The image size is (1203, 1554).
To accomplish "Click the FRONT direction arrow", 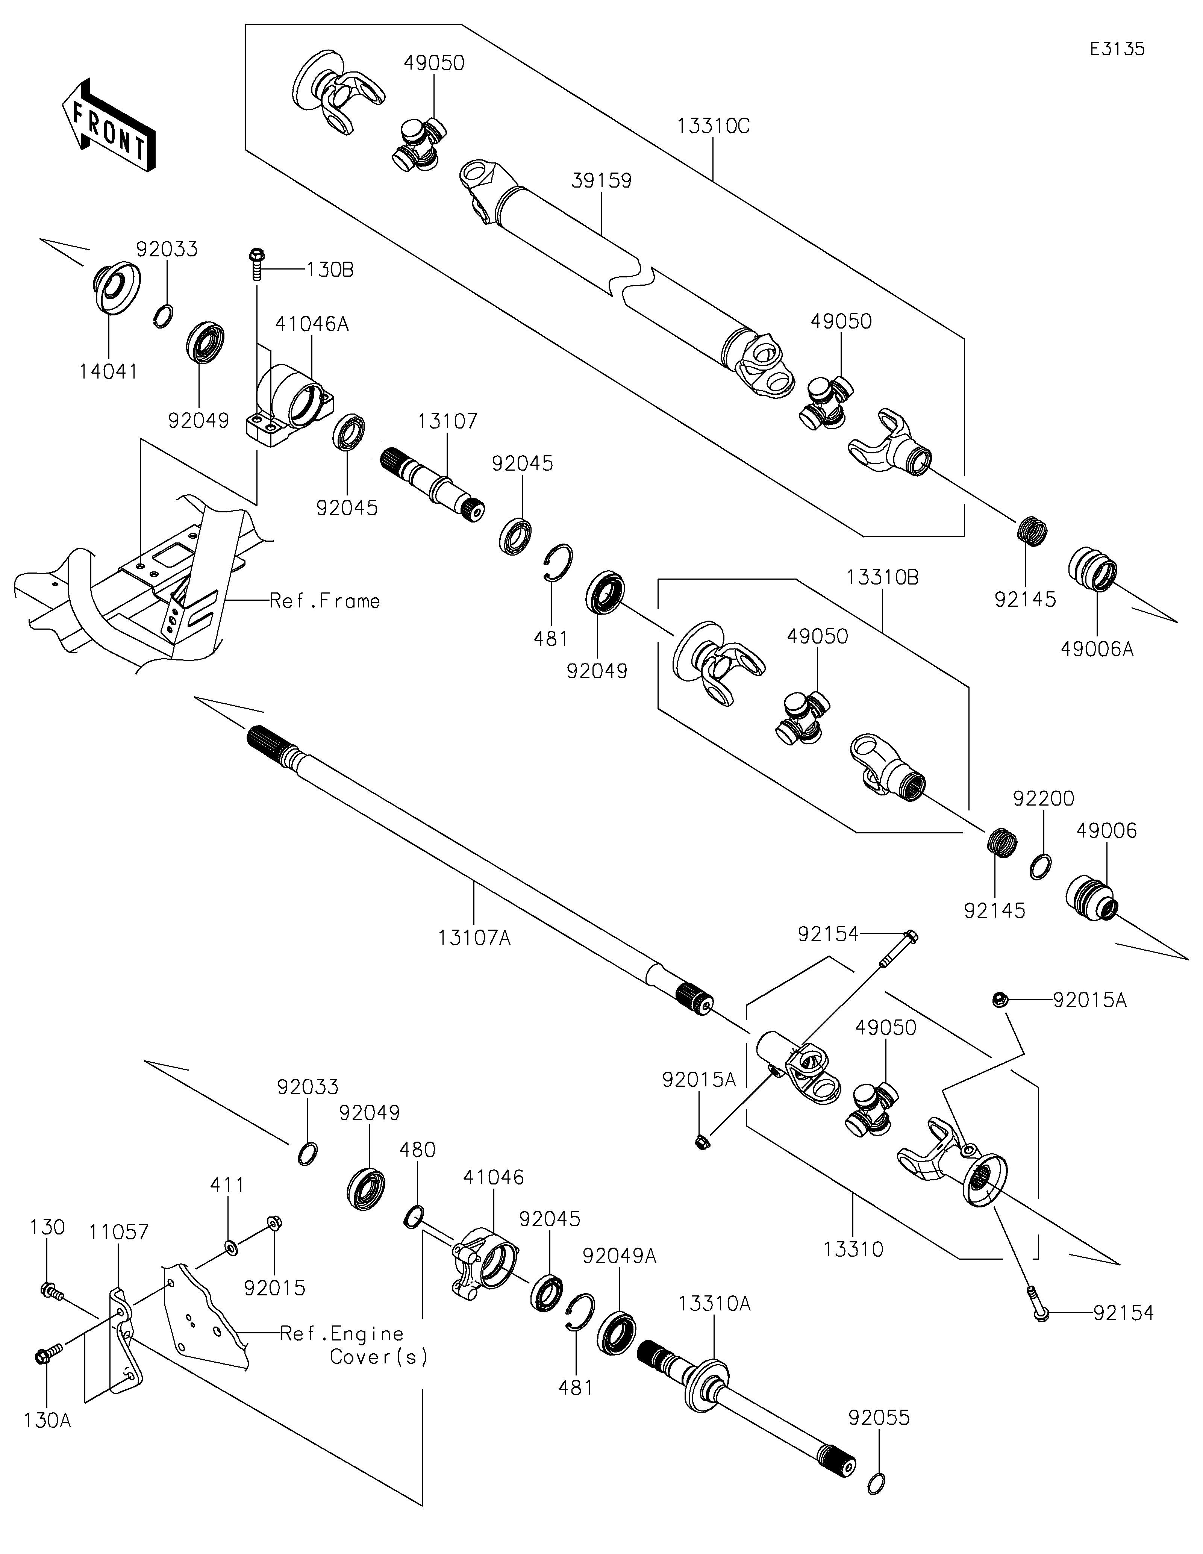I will tap(108, 126).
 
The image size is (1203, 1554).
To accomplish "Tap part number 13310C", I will tap(714, 126).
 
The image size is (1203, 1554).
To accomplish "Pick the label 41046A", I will tap(312, 324).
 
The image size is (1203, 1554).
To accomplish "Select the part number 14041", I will tap(108, 371).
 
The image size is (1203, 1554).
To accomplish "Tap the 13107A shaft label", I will tap(474, 938).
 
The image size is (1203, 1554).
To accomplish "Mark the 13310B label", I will tap(883, 578).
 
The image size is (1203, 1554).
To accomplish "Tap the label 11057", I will tap(119, 1232).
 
